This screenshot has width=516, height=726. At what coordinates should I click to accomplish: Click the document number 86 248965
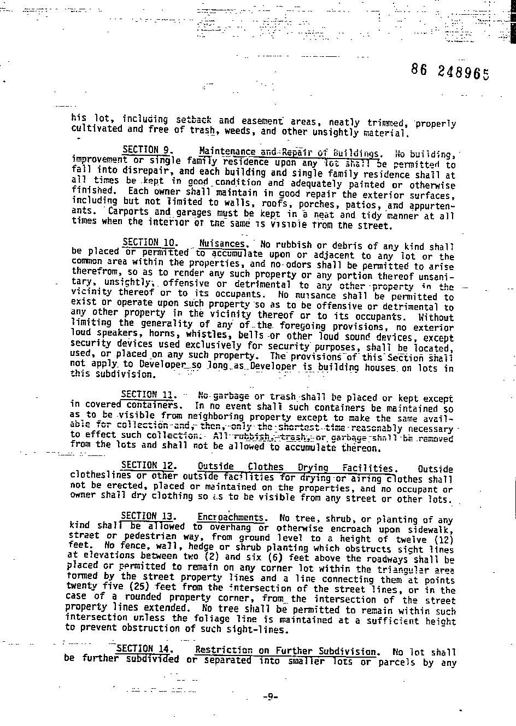click(x=450, y=72)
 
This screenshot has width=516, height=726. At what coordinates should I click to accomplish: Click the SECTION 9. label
click(x=148, y=150)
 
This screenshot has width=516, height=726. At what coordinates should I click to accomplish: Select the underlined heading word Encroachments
click(x=232, y=517)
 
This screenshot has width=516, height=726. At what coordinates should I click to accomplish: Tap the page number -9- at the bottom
click(x=270, y=696)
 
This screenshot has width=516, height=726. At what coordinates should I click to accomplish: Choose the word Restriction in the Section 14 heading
click(x=224, y=651)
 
